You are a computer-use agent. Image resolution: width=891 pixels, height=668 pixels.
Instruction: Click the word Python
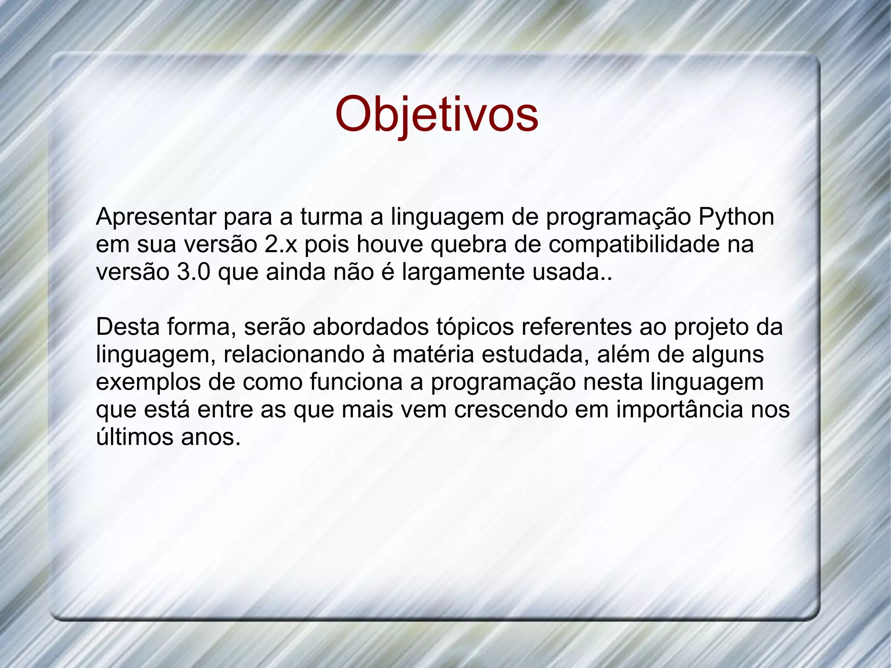tap(736, 217)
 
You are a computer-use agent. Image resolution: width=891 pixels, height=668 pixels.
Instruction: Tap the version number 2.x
tap(280, 245)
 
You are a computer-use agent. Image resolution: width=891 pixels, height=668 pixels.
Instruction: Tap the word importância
tap(680, 410)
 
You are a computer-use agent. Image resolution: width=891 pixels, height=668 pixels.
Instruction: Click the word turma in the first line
tap(331, 217)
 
